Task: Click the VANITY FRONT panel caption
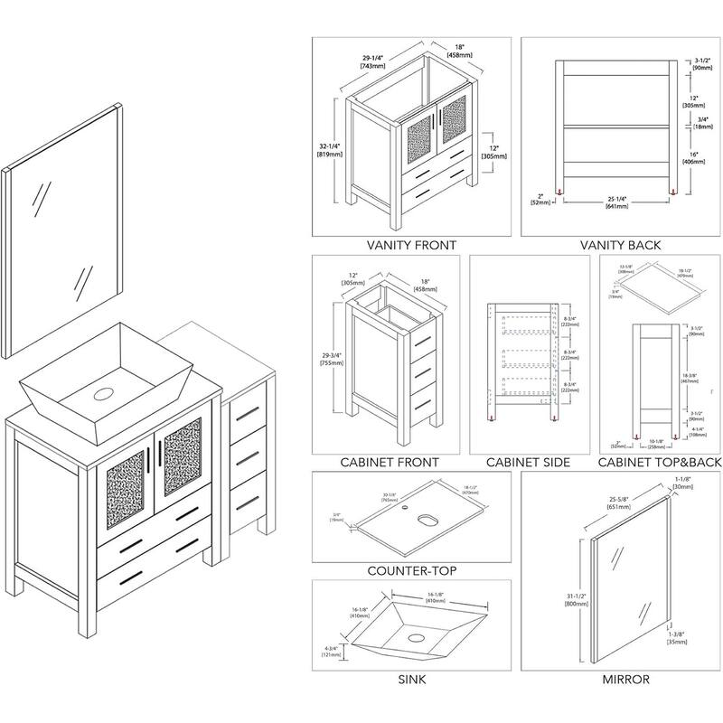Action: pos(410,245)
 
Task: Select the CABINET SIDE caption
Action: pos(528,463)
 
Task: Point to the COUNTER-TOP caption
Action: pos(410,571)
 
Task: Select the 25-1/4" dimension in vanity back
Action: pos(616,202)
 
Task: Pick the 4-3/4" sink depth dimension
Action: pos(330,650)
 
